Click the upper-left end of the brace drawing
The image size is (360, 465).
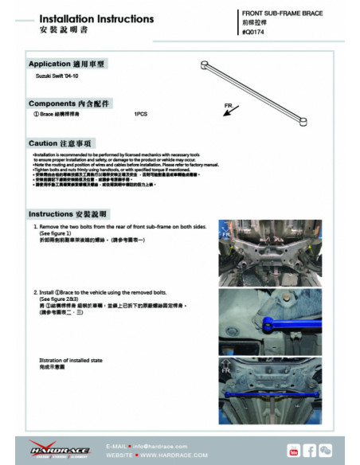point(208,63)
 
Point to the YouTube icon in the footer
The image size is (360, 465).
point(294,451)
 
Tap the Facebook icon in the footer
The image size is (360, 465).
point(311,451)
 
